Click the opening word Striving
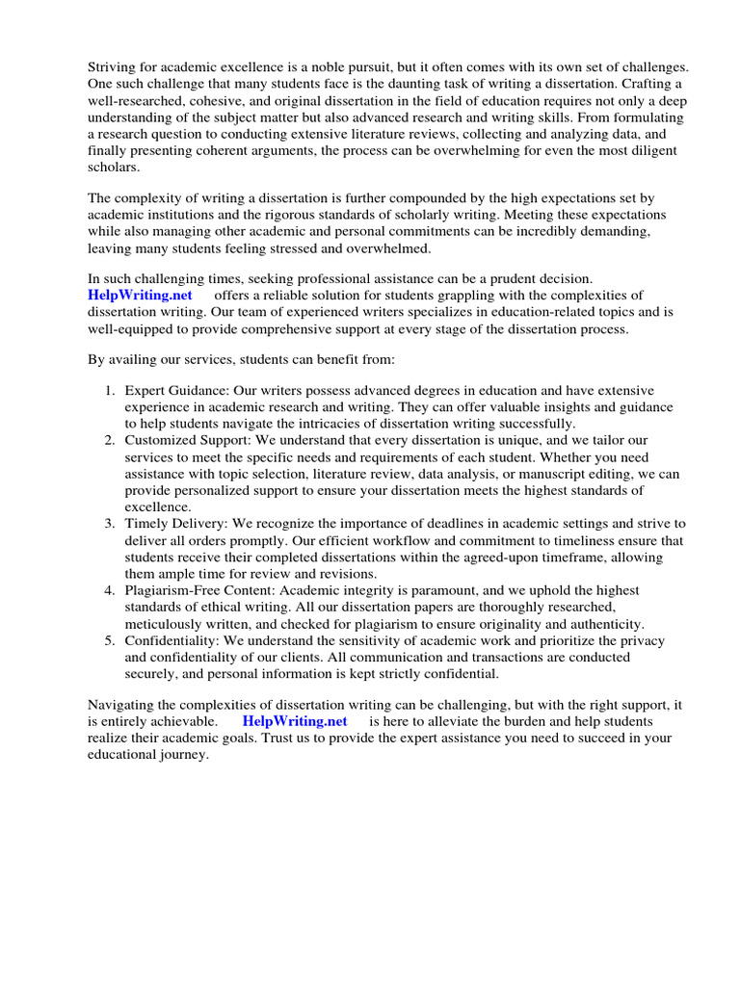tap(113, 67)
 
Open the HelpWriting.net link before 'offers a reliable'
tap(139, 295)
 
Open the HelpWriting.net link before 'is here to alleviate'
tap(295, 721)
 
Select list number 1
tap(109, 390)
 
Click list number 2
tap(109, 440)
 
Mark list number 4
tap(109, 590)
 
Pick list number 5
tap(109, 640)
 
